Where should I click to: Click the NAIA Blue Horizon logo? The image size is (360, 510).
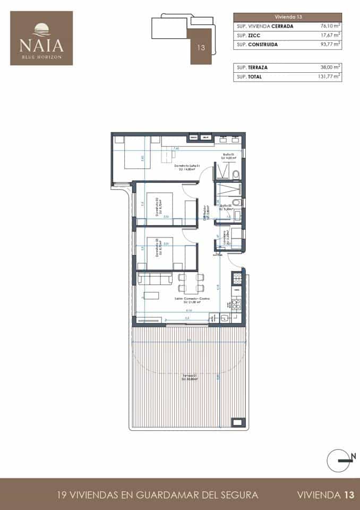pyautogui.click(x=41, y=38)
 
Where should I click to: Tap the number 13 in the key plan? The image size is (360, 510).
pyautogui.click(x=201, y=47)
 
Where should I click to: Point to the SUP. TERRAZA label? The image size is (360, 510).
pyautogui.click(x=252, y=67)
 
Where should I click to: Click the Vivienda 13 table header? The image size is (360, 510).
pyautogui.click(x=287, y=16)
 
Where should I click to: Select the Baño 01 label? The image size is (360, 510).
pyautogui.click(x=228, y=156)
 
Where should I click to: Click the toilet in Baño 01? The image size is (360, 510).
pyautogui.click(x=238, y=175)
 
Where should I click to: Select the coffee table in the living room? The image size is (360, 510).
pyautogui.click(x=153, y=295)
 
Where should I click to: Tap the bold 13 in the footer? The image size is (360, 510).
pyautogui.click(x=348, y=495)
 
